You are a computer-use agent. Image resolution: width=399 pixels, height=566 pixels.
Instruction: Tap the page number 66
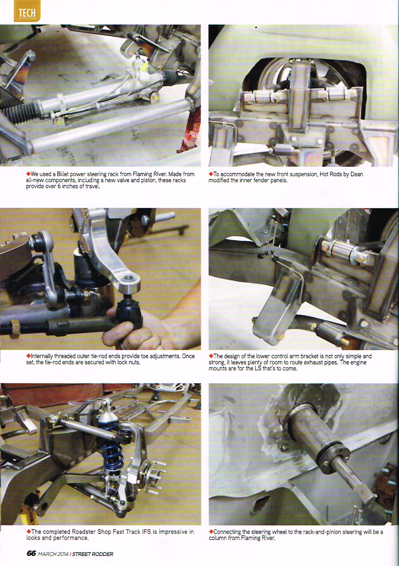coord(31,553)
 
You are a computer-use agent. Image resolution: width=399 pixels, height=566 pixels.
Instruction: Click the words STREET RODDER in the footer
coord(93,554)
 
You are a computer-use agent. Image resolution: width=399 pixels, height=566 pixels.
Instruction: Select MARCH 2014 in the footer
coord(53,554)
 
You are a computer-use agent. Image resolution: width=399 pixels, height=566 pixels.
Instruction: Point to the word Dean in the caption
coord(357,174)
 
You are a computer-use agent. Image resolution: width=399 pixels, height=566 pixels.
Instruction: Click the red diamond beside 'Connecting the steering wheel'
coord(211,532)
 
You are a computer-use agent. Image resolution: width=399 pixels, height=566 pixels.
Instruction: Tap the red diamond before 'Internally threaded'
coord(28,356)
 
